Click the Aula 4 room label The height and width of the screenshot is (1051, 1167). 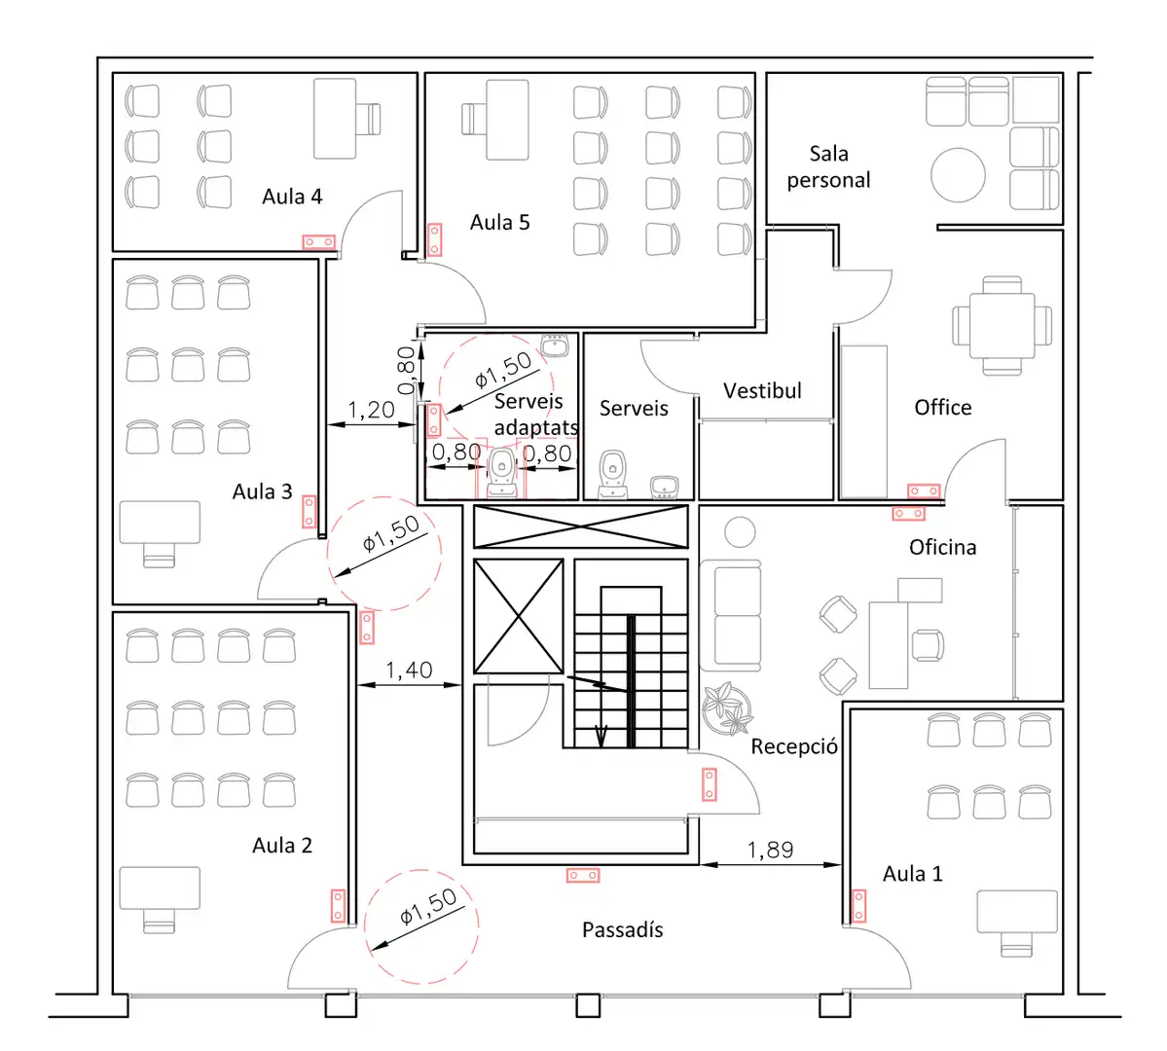click(292, 197)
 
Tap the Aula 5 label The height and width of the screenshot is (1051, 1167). click(499, 223)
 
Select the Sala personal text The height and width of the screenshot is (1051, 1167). click(828, 166)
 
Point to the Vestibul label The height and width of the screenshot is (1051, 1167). click(762, 391)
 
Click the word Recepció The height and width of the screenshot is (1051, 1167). click(794, 745)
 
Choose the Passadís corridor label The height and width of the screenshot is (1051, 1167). click(622, 929)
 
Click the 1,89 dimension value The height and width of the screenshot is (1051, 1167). click(770, 850)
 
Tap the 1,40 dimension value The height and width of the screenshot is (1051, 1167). click(409, 670)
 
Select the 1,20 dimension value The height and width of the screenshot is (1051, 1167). click(371, 410)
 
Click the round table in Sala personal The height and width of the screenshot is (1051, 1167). click(958, 176)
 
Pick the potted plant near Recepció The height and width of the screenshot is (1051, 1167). click(727, 709)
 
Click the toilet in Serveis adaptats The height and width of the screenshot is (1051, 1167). click(501, 473)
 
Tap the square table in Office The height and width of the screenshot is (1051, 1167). click(1002, 325)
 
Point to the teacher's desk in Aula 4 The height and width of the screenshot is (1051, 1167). click(335, 119)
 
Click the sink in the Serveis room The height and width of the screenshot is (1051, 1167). click(664, 488)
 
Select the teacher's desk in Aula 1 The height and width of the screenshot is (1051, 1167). click(1017, 912)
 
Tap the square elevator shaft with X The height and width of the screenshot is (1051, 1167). click(519, 616)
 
